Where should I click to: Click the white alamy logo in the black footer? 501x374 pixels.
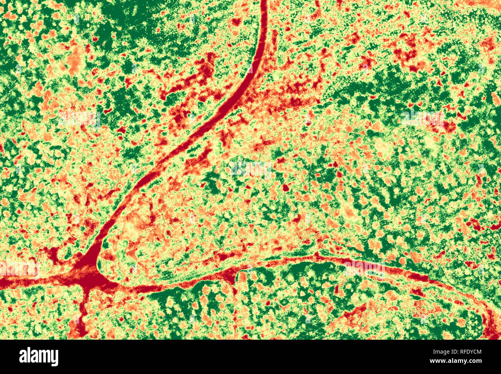[x=39, y=357]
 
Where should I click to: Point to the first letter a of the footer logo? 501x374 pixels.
[x=22, y=357]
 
